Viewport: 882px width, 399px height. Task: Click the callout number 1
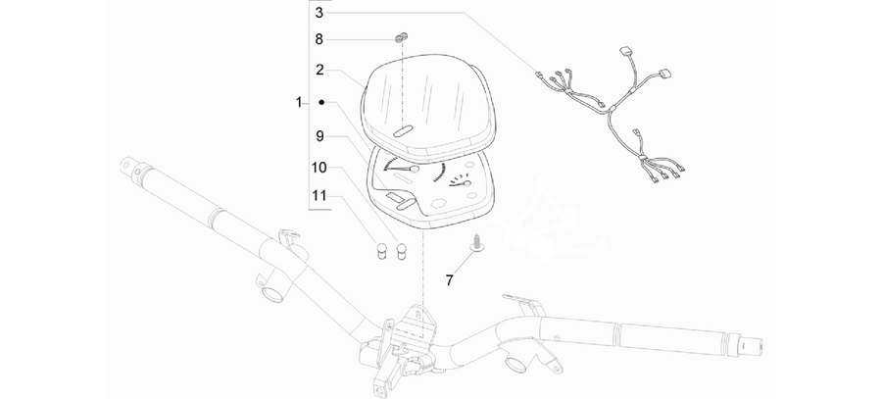coord(299,102)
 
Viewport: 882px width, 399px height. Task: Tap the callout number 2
coord(319,71)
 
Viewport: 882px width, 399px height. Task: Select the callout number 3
coord(319,13)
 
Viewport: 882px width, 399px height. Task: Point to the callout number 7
coord(449,279)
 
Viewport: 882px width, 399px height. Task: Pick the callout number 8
coord(319,39)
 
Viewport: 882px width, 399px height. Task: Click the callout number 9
coord(319,135)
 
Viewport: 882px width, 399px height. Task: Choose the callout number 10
coord(318,167)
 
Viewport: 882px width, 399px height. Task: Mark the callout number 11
coord(318,196)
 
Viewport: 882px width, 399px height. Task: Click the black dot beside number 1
coord(321,102)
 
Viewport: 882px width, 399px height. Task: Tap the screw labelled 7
coord(476,244)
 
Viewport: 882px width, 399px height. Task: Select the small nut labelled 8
coord(402,37)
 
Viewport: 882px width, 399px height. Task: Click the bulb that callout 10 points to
coord(402,250)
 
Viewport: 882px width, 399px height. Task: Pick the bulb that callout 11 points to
coord(381,250)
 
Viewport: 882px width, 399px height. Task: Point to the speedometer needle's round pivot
coord(415,169)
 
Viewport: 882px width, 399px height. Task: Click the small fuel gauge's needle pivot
coord(466,182)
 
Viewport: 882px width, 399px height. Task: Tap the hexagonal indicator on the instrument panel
coord(437,203)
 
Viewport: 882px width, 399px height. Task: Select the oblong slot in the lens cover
coord(402,131)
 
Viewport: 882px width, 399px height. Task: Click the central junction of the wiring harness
coord(610,111)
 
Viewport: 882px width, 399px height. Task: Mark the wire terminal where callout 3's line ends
coord(538,74)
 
